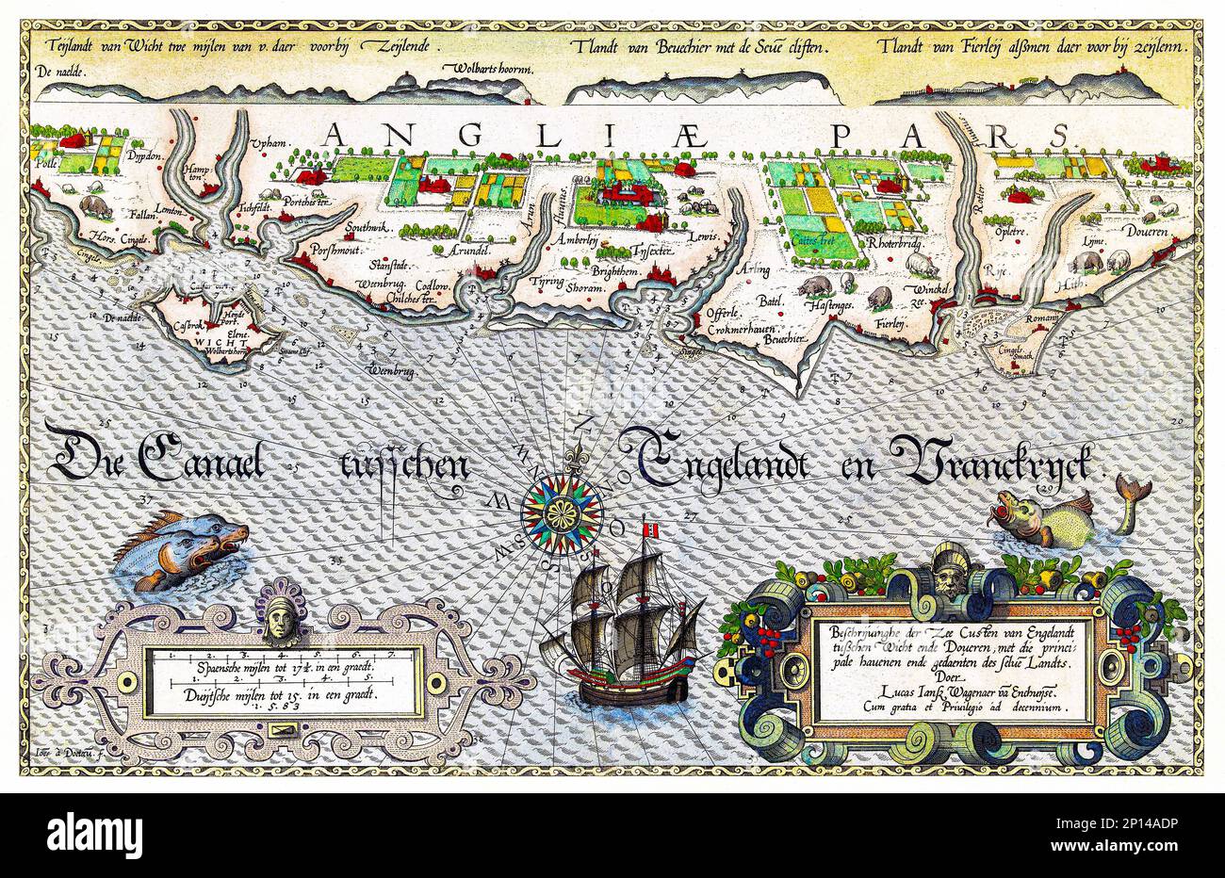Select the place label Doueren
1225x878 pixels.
pos(1146,231)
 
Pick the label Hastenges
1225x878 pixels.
pos(830,306)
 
